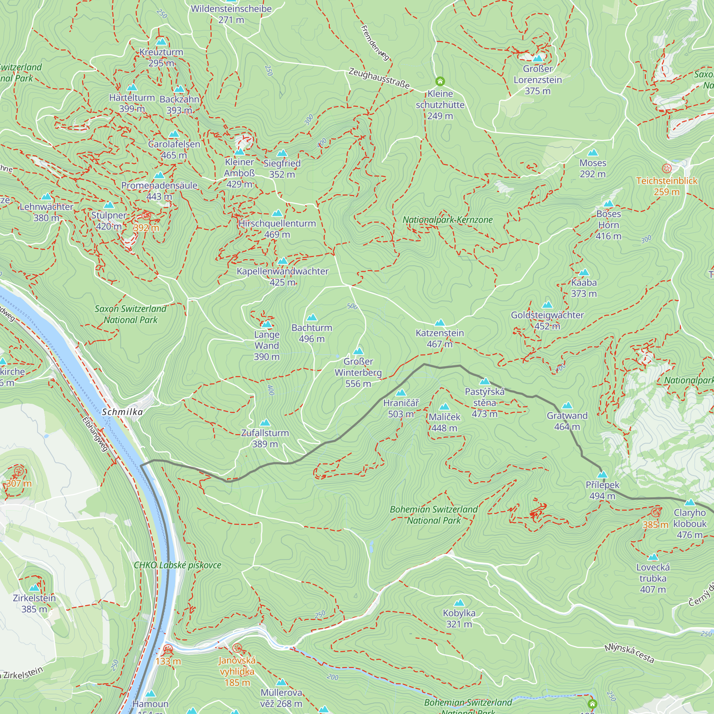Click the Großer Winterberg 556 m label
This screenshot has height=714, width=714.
[x=358, y=372]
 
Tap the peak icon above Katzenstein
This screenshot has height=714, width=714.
[x=439, y=323]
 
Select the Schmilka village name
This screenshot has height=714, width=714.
[x=122, y=412]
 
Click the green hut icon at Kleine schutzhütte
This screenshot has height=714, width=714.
[x=440, y=81]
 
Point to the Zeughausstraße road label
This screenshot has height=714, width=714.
[x=379, y=78]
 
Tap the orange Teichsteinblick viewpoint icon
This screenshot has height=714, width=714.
[x=667, y=169]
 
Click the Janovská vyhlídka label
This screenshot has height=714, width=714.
[x=237, y=671]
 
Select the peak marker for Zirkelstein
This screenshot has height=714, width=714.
[x=34, y=588]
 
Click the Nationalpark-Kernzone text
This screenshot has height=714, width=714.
[x=448, y=220]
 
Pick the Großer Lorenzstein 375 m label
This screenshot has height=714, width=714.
[x=537, y=80]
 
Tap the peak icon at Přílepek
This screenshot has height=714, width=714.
[x=602, y=474]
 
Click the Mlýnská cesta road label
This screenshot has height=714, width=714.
[x=629, y=653]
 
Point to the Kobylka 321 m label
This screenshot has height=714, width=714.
[x=459, y=618]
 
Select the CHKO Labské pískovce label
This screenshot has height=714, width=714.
[x=177, y=565]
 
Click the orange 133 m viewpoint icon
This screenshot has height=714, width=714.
[x=168, y=649]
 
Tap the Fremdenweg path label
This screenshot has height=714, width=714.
[x=375, y=42]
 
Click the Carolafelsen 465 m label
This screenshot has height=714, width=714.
[x=174, y=150]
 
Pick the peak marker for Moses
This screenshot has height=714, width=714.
[x=593, y=153]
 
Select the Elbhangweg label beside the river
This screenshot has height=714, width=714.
[x=95, y=434]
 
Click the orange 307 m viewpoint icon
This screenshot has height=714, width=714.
[x=19, y=471]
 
